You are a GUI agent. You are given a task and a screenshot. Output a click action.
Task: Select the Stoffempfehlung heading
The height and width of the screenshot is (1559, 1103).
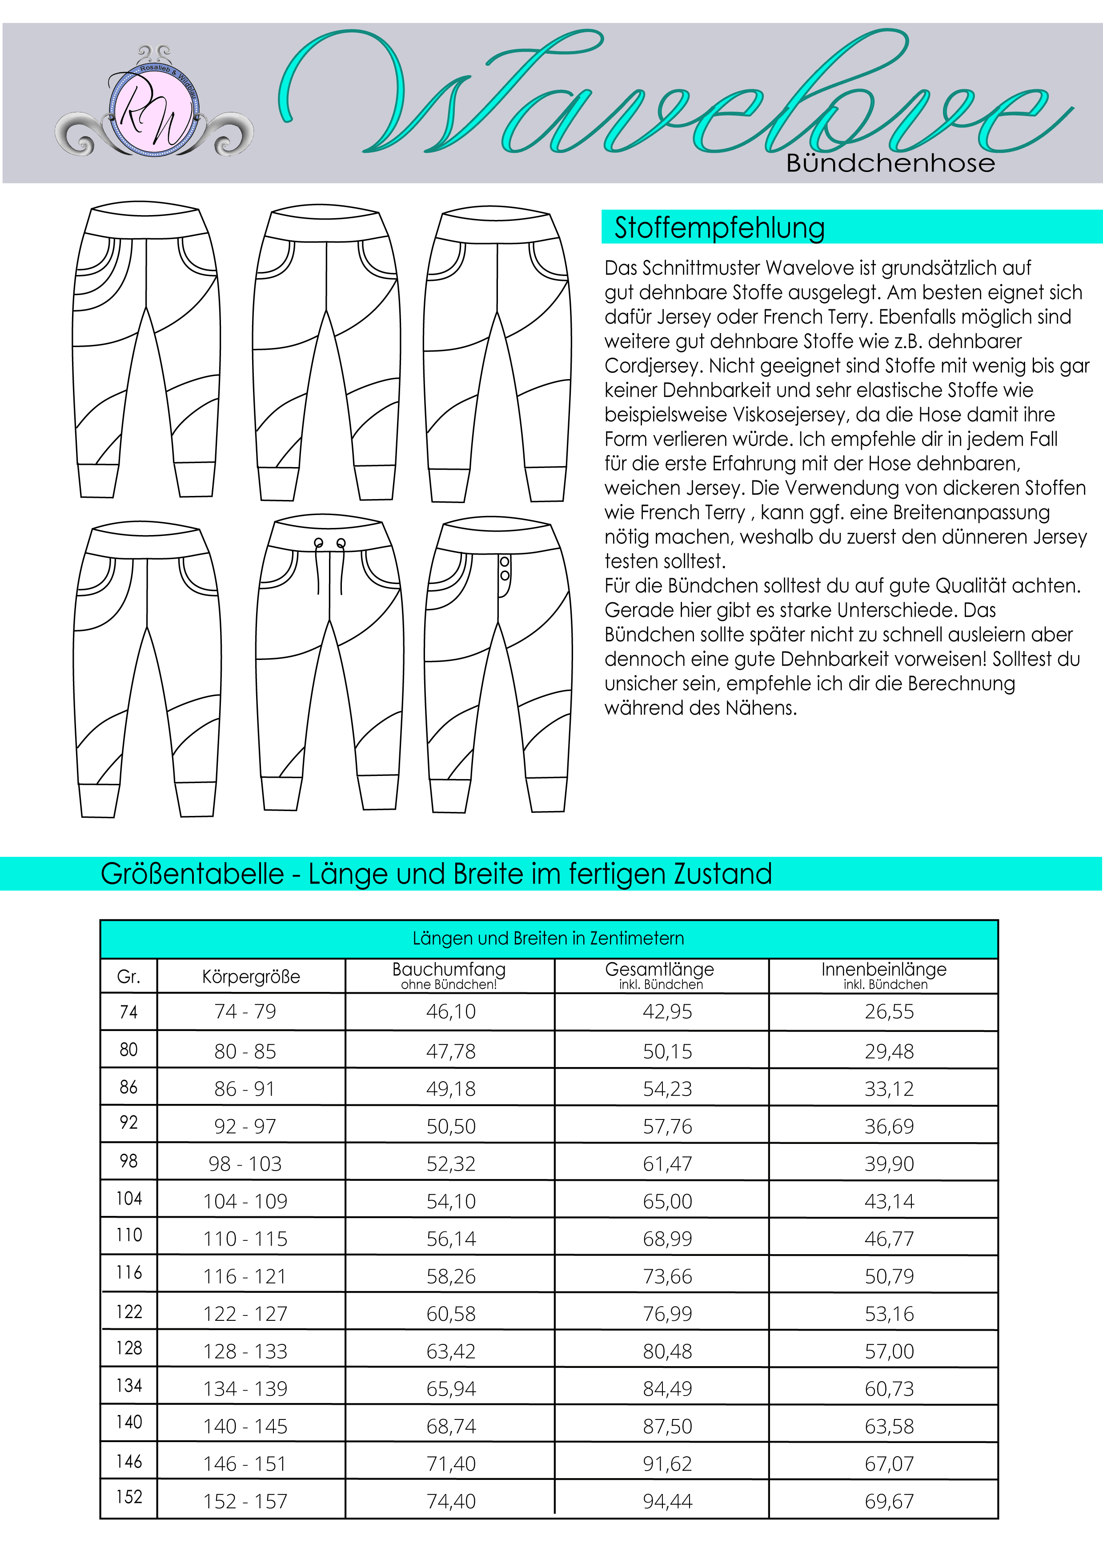[x=719, y=228]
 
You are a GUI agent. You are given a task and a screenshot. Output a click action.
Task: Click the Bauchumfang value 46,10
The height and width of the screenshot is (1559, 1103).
[x=451, y=1012]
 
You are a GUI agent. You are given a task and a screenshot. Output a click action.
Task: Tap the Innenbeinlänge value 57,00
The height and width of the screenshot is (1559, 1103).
[x=889, y=1351]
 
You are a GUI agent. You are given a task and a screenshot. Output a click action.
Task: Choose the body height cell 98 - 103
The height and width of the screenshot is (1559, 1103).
[x=245, y=1164]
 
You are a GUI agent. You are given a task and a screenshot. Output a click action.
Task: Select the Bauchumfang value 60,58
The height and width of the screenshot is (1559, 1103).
[x=451, y=1314]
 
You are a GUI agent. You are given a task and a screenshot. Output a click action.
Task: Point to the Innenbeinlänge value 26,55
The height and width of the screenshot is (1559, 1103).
[x=889, y=1012]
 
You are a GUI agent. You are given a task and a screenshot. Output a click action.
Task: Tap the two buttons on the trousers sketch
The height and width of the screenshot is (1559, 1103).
[x=505, y=569]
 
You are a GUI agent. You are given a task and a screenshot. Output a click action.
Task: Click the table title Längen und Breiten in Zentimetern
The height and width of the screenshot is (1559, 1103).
[x=548, y=939]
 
